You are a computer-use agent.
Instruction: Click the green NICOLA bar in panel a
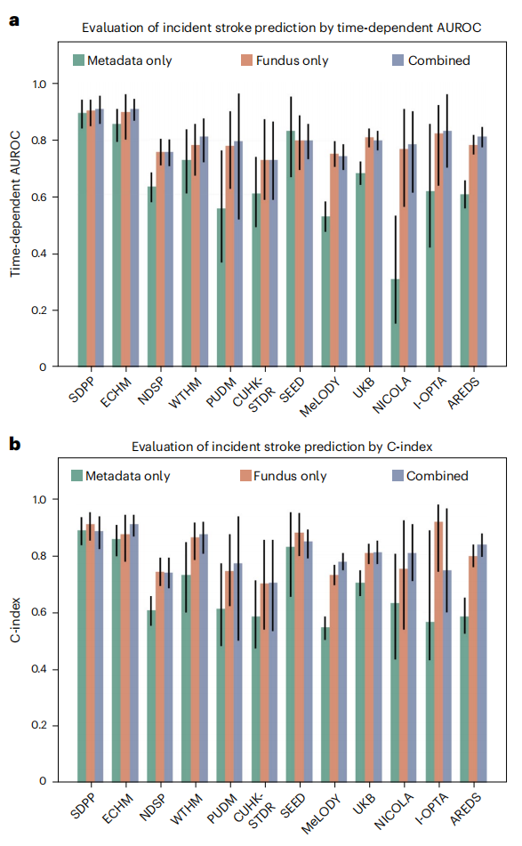(395, 323)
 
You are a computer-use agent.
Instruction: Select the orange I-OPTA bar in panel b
(438, 652)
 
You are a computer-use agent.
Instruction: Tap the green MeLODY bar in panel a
(325, 292)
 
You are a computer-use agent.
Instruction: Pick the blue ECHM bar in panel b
(133, 653)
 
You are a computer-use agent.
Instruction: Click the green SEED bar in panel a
(291, 249)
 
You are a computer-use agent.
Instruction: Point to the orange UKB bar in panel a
(369, 252)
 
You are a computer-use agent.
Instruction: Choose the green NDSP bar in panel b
(151, 696)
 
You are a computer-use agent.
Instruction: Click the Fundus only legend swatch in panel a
(246, 60)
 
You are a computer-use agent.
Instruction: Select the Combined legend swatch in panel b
(398, 475)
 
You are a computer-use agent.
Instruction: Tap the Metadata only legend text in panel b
(128, 476)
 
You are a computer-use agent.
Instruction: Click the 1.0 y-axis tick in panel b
(39, 500)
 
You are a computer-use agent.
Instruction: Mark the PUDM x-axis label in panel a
(221, 392)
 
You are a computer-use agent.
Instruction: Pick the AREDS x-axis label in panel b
(465, 809)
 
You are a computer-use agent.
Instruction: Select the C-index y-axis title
(15, 620)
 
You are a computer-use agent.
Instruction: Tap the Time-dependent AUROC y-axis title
(15, 204)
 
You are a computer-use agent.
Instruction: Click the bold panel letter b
(14, 444)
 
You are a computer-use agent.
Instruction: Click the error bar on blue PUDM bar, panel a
(239, 157)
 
